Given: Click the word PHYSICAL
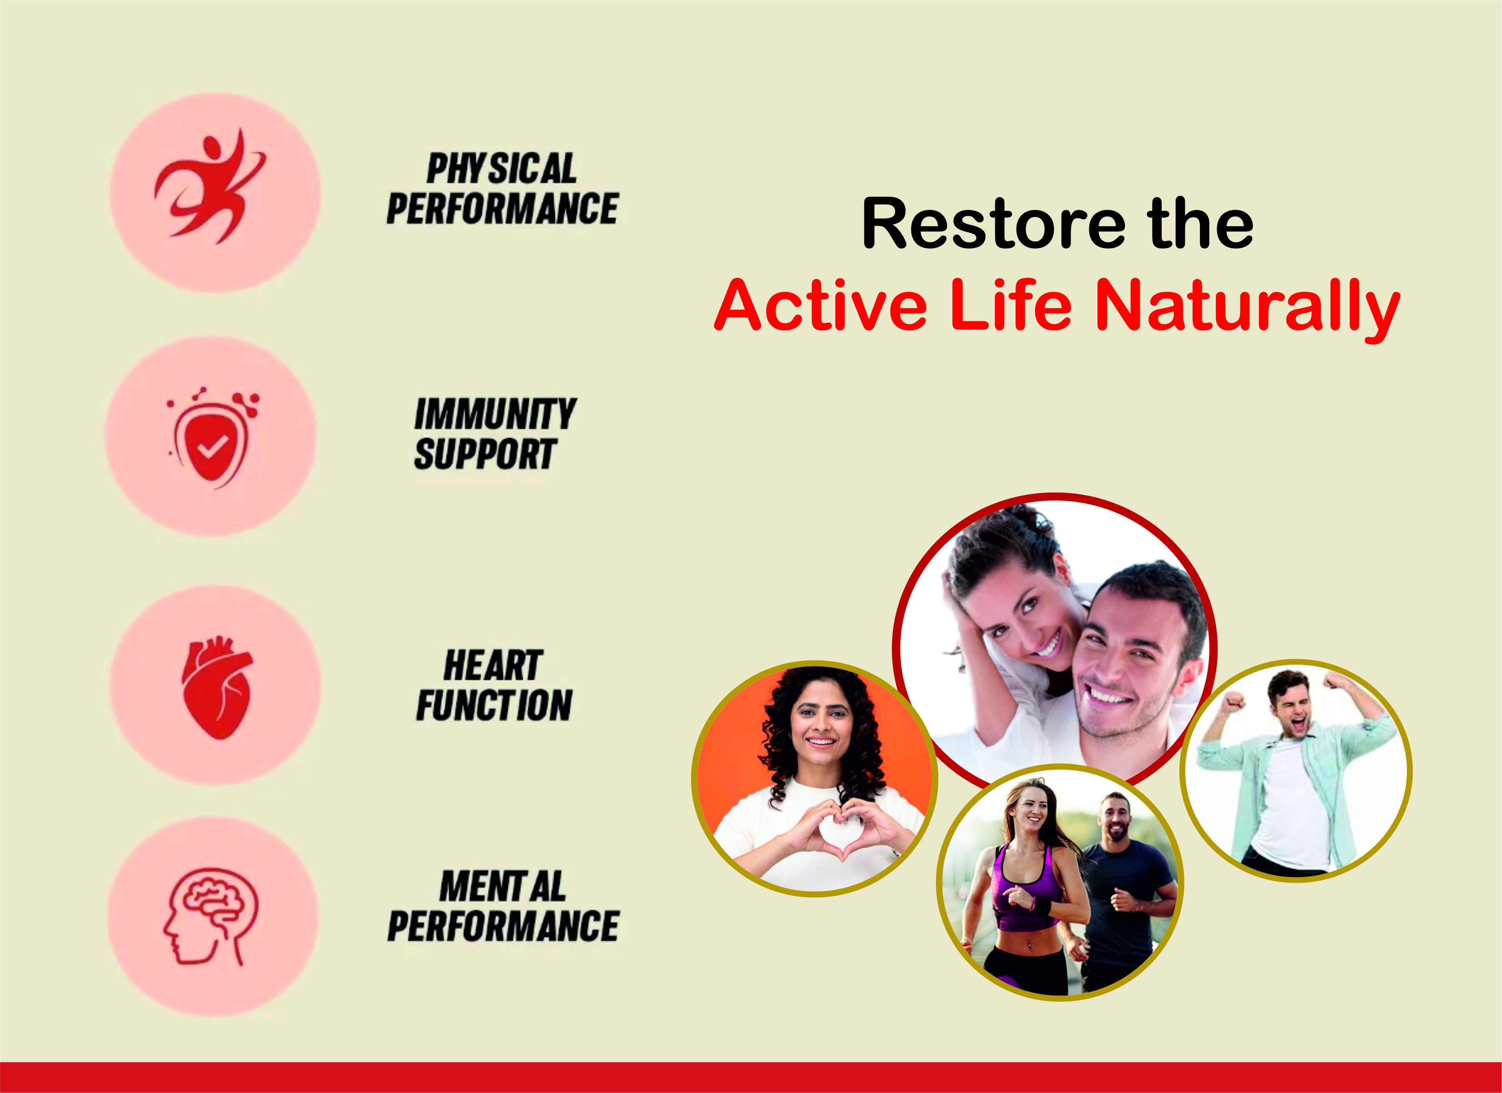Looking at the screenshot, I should coord(501,168).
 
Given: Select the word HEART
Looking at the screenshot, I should coord(493,665).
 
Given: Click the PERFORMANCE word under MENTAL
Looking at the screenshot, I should coord(503,926).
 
